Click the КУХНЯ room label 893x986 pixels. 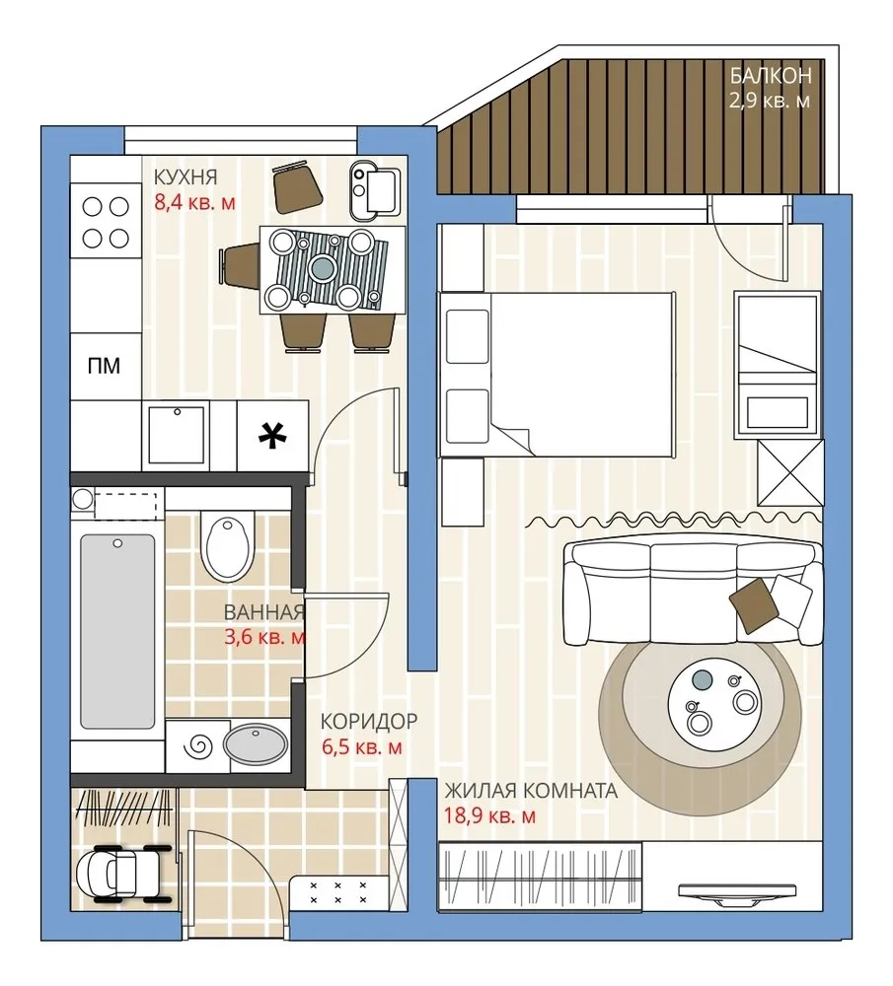point(186,177)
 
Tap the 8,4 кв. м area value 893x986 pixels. point(195,202)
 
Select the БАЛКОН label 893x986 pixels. point(771,76)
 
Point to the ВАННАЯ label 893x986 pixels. point(264,612)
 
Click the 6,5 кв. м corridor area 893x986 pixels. point(362,747)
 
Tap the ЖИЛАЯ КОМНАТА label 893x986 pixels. point(531,791)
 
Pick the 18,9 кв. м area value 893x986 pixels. point(490,815)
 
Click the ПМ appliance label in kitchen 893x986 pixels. point(104,366)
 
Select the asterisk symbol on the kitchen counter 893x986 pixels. point(273,436)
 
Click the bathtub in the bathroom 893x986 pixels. point(117,631)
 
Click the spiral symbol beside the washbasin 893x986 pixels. point(197,746)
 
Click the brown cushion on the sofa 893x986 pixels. point(752,605)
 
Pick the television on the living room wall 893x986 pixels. point(736,893)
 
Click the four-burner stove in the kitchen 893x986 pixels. point(106,222)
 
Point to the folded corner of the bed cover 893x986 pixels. point(515,436)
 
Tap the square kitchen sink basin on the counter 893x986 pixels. point(177,435)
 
